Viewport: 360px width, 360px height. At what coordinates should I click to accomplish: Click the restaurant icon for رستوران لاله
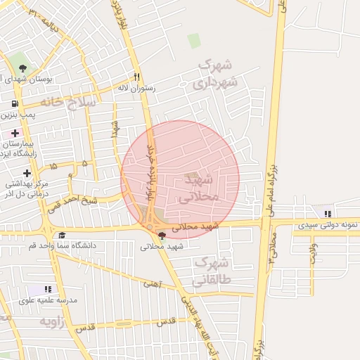click(137, 77)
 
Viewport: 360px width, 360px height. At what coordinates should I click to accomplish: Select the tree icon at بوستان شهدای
click(23, 68)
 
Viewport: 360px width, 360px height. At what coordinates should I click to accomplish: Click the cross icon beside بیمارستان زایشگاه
click(15, 133)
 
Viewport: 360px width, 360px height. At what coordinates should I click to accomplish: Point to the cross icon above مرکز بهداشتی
click(27, 173)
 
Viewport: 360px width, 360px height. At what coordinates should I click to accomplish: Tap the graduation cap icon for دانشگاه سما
click(62, 235)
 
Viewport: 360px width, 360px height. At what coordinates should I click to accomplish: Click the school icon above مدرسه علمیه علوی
click(48, 289)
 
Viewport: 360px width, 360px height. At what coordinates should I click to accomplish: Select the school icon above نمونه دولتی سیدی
click(327, 214)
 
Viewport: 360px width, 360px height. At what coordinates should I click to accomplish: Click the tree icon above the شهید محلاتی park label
click(162, 236)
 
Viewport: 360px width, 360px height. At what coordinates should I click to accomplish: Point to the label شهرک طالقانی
click(212, 271)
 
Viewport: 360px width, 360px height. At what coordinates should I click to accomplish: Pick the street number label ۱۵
click(54, 166)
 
